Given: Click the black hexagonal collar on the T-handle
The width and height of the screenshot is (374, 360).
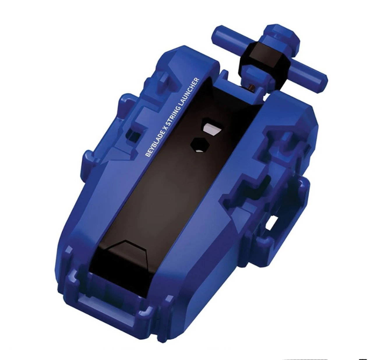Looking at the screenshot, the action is click(264, 59).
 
